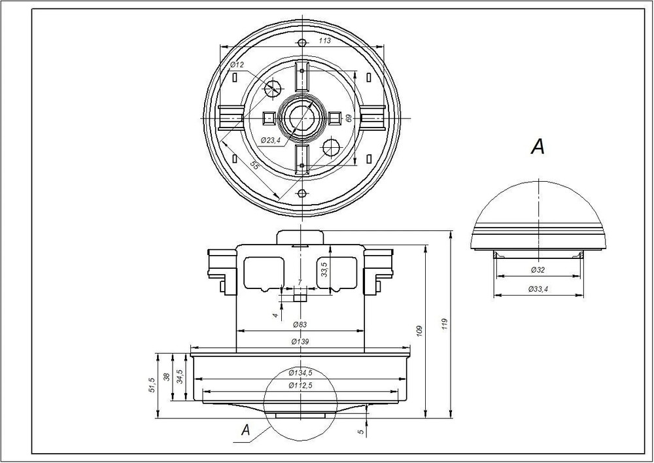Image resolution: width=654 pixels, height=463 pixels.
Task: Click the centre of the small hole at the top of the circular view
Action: tap(302, 42)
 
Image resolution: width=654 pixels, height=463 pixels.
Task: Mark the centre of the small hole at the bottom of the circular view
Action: tap(302, 193)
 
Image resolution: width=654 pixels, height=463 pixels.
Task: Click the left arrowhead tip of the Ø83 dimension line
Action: tap(237, 331)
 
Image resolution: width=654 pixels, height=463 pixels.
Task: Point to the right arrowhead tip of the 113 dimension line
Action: tap(383, 46)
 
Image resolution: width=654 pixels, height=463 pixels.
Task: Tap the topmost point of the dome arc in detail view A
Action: tap(539, 181)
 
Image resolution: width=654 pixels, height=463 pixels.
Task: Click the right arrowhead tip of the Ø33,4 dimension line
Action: tap(583, 296)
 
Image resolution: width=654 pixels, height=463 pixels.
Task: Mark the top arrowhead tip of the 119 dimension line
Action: tap(451, 231)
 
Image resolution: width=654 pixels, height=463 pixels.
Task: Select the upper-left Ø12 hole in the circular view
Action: tap(273, 87)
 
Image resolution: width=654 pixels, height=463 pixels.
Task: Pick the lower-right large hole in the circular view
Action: tap(332, 147)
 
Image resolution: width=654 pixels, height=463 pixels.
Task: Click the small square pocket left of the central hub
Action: tap(268, 118)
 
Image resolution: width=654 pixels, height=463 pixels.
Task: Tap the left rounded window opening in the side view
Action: tap(264, 273)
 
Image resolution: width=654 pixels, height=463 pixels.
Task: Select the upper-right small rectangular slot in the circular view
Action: tap(369, 77)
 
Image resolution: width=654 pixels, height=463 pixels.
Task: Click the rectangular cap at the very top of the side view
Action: tap(300, 237)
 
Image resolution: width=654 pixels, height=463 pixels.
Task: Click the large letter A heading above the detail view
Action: tap(538, 146)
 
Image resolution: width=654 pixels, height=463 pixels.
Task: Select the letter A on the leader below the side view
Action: tap(246, 430)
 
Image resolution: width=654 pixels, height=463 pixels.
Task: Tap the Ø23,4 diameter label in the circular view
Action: tap(270, 140)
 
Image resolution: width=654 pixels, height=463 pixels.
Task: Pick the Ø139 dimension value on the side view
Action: tap(300, 341)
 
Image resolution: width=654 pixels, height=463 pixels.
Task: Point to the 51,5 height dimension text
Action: tap(152, 385)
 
